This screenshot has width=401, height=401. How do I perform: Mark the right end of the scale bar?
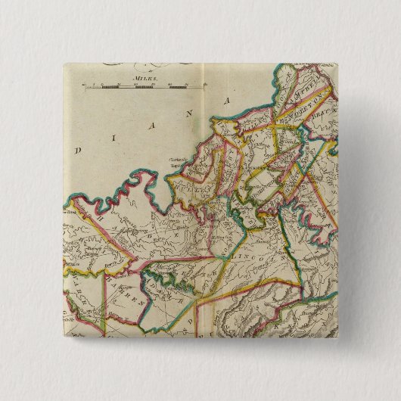202,86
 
